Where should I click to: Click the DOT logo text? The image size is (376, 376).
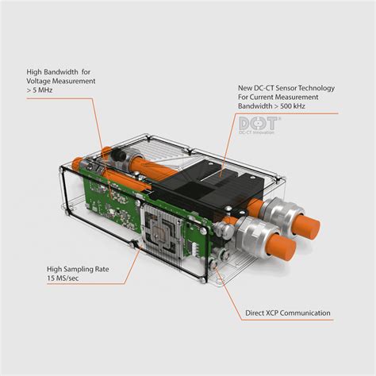tap(256, 124)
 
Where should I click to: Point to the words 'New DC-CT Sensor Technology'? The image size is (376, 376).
tap(287, 86)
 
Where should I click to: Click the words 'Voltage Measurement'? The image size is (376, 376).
tap(60, 79)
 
